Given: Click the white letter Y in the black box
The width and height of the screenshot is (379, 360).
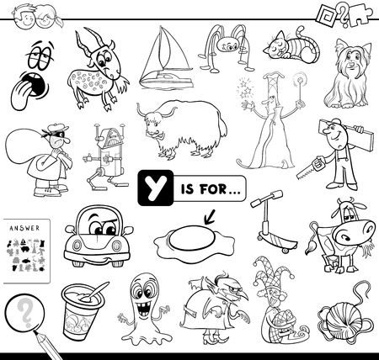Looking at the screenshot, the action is coord(155,188).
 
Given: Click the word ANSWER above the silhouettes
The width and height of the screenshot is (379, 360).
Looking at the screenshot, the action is coord(24,228).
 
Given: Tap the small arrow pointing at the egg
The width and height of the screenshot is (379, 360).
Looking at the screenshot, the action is coord(209,218).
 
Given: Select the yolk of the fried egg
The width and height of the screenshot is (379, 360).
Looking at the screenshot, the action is coord(192,238).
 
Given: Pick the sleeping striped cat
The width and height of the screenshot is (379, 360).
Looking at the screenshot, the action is coord(292,46).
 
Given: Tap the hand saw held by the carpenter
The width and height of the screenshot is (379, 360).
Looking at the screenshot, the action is coord(310,167).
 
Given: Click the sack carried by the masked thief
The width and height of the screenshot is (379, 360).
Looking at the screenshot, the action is coord(24,146).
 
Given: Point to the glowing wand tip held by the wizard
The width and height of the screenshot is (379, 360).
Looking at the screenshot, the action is coord(300,77).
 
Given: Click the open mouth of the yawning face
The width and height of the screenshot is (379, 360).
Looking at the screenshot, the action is coord(35,84).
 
